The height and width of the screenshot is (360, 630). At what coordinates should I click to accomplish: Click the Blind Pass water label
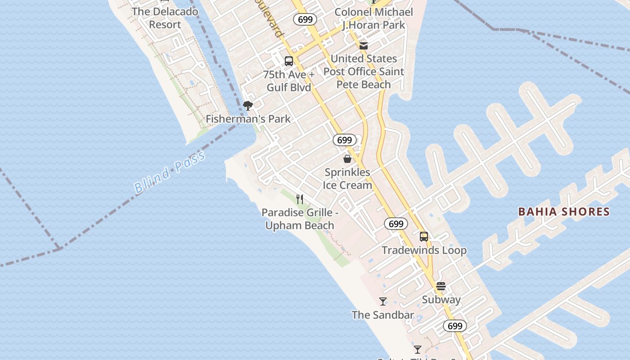(170, 173)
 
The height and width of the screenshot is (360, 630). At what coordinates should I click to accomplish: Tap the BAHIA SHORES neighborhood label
(564, 211)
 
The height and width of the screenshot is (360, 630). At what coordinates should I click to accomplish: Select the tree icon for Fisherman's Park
(247, 106)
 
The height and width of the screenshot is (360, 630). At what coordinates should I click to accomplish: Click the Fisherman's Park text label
(248, 119)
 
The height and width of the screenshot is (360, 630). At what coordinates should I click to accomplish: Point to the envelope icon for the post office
(364, 46)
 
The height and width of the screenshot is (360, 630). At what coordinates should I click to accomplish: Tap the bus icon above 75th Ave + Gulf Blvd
(289, 61)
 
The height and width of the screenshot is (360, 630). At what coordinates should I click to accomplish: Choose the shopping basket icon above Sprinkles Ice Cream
(347, 159)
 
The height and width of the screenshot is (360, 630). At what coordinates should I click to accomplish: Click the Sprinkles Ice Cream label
(347, 179)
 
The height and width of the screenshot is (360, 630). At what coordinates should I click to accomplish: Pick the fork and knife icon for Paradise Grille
(300, 199)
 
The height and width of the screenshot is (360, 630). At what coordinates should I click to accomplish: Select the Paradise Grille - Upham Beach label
(300, 219)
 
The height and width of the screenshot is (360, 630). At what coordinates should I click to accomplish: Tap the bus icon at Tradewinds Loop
(424, 237)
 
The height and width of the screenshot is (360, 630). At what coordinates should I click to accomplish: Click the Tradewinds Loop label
(424, 250)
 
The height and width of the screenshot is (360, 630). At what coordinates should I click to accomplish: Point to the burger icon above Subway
(441, 286)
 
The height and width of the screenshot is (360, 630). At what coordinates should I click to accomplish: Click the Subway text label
(441, 300)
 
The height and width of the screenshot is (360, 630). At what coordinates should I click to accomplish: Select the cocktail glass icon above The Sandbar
(383, 301)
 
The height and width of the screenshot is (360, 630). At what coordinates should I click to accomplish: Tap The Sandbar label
(383, 315)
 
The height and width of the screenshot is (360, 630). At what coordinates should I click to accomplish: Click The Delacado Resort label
(165, 18)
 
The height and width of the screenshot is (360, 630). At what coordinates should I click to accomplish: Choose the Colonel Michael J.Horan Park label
(373, 18)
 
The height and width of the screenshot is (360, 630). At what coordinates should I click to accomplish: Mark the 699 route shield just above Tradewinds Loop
(396, 224)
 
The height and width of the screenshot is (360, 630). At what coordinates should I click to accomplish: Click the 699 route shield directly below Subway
(455, 326)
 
